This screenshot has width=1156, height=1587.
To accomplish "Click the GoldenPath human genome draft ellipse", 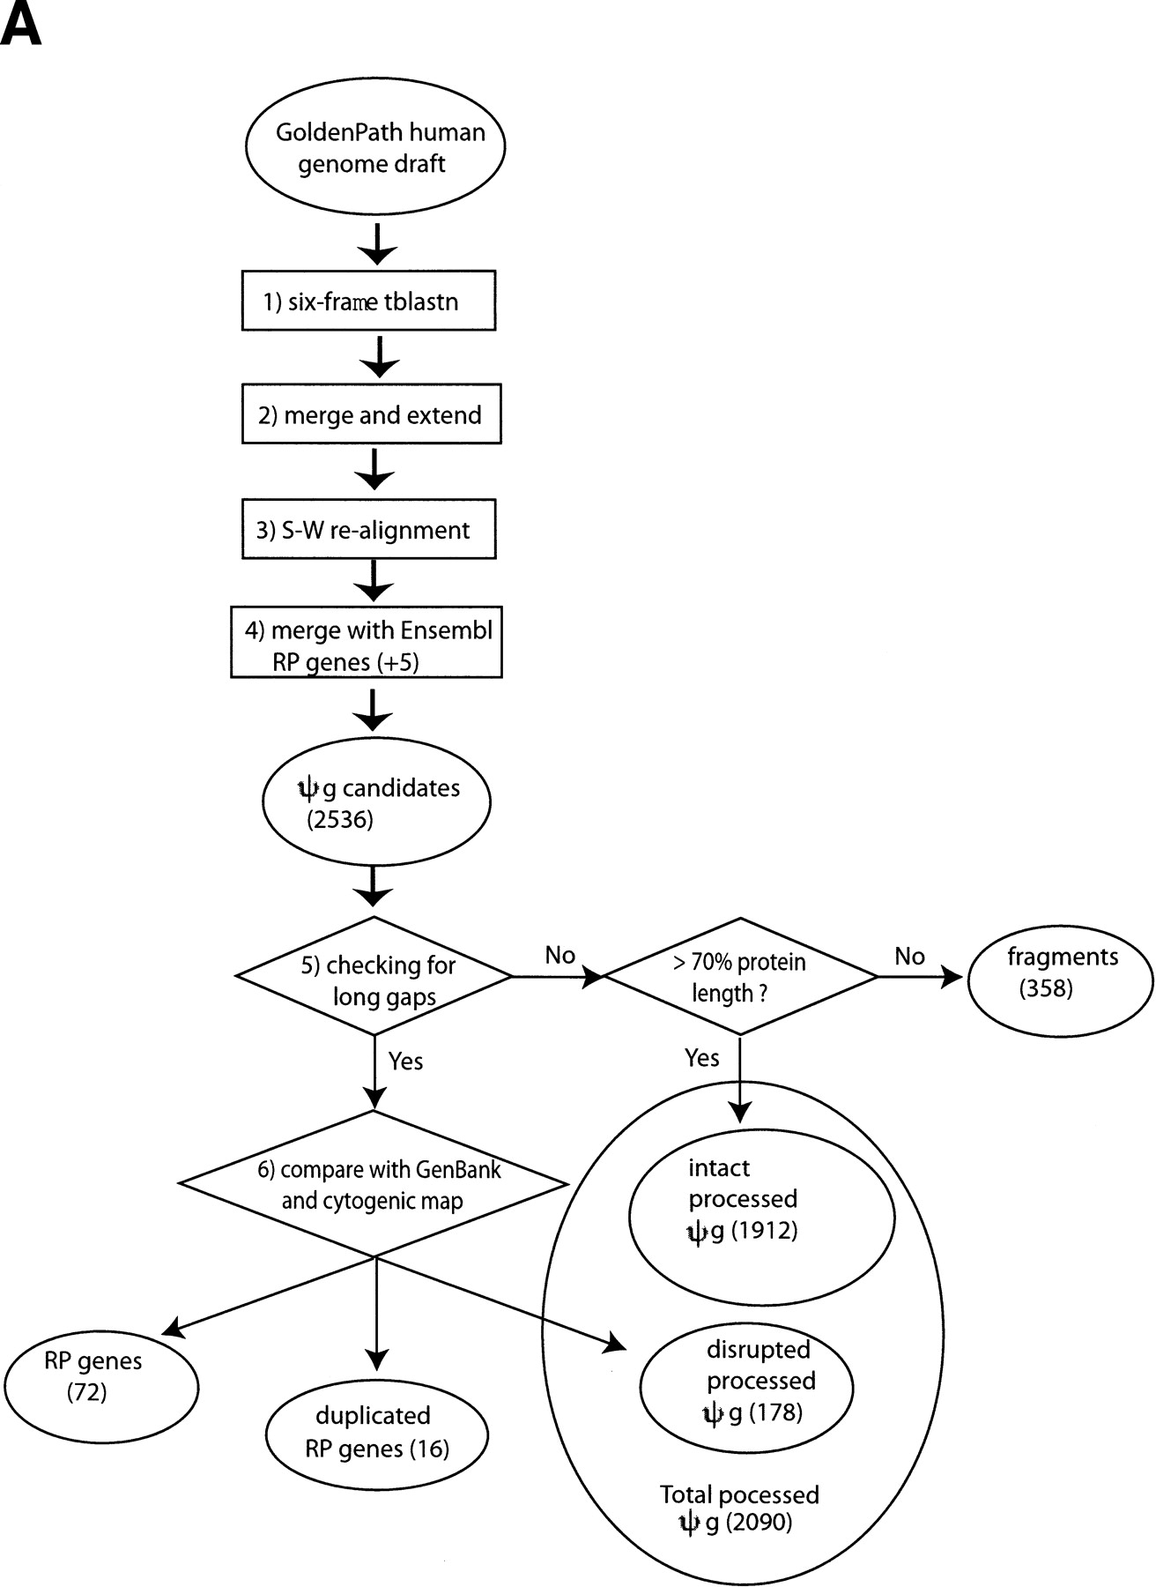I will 374,147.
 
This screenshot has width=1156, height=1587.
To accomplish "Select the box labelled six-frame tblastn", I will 368,302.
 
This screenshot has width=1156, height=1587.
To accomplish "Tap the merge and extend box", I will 371,414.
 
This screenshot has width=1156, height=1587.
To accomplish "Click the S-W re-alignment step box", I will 368,529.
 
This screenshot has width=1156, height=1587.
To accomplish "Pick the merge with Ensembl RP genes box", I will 367,642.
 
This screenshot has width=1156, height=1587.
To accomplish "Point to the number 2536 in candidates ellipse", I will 340,820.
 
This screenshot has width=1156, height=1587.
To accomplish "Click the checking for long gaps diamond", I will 375,977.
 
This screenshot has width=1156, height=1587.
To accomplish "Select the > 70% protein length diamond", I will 740,977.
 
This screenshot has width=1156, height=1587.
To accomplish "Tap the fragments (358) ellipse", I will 1060,973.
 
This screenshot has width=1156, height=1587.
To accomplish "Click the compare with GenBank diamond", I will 375,1184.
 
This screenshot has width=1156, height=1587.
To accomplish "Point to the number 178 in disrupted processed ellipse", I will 776,1412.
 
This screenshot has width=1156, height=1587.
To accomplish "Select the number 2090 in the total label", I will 760,1523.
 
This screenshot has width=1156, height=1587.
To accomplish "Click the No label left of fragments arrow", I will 909,957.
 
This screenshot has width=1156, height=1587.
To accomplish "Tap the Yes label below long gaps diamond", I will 405,1061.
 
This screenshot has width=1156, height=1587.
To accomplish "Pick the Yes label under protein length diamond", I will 701,1058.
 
